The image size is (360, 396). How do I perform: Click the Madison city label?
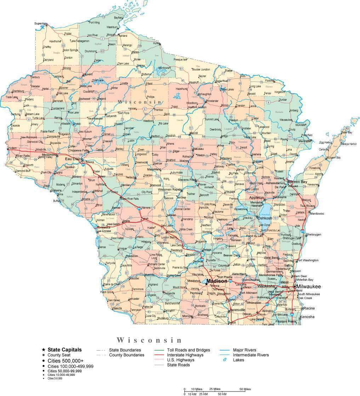217,281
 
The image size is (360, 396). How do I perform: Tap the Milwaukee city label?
309,286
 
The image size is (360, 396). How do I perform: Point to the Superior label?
40,23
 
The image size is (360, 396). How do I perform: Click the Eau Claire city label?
72,159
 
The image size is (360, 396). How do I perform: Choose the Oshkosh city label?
265,218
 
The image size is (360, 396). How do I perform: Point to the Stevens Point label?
187,180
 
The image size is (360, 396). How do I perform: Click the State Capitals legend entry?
64,349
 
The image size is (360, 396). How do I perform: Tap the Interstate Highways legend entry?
185,355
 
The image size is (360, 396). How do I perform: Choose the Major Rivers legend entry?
245,350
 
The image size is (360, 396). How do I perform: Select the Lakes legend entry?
238,360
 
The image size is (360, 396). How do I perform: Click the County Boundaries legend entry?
126,355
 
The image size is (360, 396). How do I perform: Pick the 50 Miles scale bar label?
245,389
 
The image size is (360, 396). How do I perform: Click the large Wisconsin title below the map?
149,340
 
